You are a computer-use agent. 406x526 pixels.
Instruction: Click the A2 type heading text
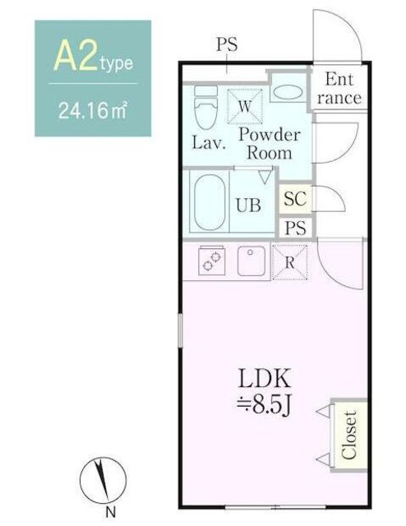93,58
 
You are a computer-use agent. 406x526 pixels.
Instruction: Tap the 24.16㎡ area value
93,111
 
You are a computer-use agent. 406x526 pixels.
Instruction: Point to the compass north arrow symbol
103,480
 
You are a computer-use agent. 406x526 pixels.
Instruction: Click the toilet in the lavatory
205,107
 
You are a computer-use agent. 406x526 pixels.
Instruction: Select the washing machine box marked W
245,107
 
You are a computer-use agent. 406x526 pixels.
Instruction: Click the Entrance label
339,89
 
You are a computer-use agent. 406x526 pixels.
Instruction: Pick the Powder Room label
269,144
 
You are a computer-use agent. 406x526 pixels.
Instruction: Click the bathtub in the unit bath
209,202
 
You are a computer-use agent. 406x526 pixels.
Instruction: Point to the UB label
248,205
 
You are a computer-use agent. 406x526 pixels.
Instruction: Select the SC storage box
295,199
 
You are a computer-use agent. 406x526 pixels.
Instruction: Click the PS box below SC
295,228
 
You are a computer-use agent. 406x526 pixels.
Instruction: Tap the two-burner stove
211,261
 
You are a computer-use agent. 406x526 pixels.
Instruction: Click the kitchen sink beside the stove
251,261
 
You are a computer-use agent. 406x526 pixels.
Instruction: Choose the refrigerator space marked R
289,262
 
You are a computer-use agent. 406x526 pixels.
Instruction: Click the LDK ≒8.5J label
264,392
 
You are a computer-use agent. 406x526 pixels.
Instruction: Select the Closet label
348,435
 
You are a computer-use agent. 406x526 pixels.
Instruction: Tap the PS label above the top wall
227,44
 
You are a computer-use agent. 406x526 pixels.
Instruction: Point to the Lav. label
209,143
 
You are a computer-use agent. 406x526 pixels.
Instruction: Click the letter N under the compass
111,512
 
